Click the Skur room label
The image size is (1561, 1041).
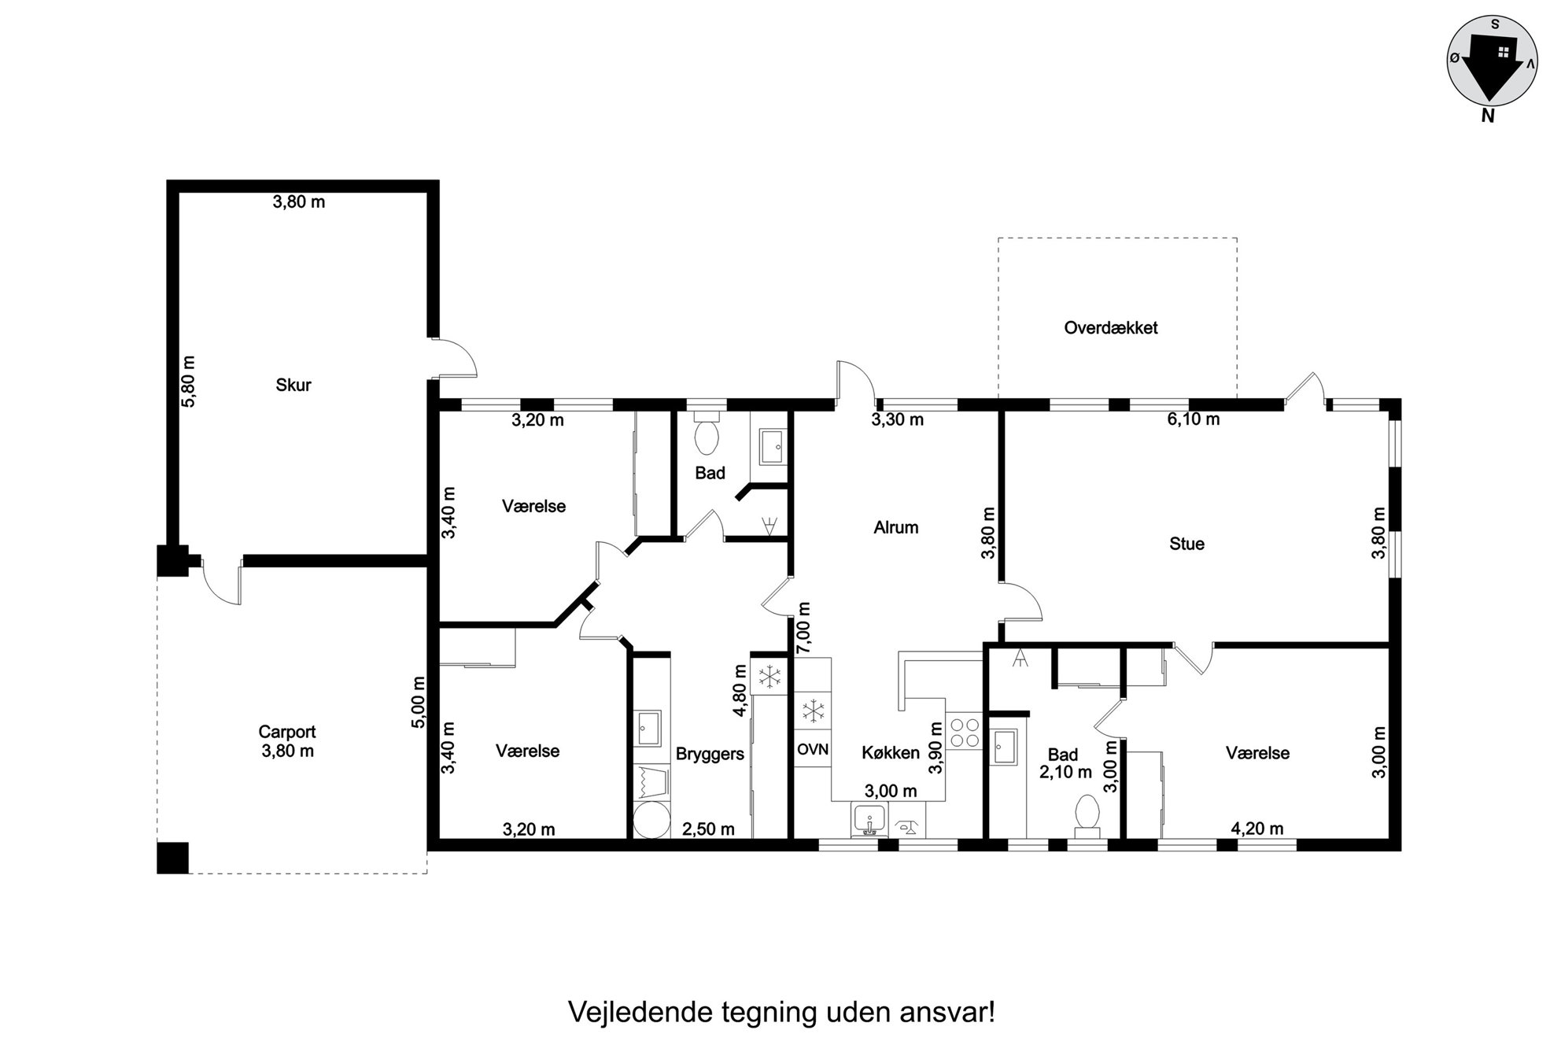[x=293, y=385]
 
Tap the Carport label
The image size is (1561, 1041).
[x=287, y=732]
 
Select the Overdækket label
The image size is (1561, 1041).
[x=1110, y=328]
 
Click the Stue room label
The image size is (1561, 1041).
[x=1186, y=544]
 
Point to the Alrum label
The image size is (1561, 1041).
[x=896, y=527]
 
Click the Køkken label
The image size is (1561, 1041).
[x=891, y=753]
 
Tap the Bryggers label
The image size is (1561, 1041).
[x=710, y=754]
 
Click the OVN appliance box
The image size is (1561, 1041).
[x=813, y=749]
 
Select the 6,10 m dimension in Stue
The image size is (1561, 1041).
[x=1193, y=419]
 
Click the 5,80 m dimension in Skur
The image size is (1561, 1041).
[x=189, y=381]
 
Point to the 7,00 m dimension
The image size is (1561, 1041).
[x=803, y=628]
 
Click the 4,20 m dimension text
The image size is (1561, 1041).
[x=1257, y=829]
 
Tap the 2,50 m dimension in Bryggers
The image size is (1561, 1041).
[x=708, y=829]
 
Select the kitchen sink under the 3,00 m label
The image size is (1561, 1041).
[x=869, y=821]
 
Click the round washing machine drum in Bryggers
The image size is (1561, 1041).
[x=651, y=821]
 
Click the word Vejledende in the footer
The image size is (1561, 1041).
[x=640, y=1012]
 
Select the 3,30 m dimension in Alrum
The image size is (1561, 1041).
[x=897, y=420]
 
